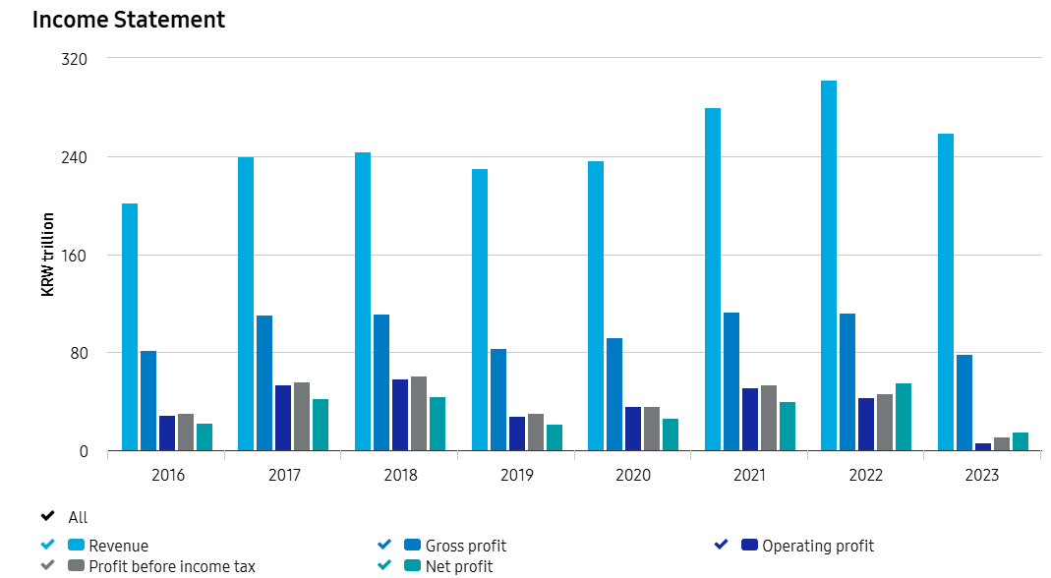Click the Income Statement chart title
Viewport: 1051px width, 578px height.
tap(129, 20)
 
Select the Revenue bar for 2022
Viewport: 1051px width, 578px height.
tap(829, 265)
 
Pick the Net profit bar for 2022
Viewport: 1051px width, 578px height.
tap(904, 417)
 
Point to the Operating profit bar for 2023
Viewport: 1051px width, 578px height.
tap(983, 447)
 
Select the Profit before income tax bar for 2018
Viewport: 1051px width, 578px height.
tap(419, 414)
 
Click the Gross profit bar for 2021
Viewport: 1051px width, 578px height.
tap(731, 381)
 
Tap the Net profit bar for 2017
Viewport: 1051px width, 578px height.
tap(321, 425)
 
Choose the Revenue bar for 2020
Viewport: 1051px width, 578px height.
tap(596, 306)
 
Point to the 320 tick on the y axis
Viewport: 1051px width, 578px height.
tap(75, 59)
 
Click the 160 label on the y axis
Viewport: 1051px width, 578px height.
tap(75, 256)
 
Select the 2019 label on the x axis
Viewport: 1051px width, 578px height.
tap(517, 476)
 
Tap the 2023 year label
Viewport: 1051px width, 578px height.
tap(982, 476)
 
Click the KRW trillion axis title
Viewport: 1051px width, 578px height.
tap(47, 255)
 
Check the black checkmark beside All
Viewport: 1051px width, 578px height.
tap(47, 517)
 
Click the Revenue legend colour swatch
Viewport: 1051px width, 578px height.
tap(76, 546)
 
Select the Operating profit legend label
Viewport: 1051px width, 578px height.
tap(818, 546)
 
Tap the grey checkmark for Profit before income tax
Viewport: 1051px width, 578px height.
tap(47, 566)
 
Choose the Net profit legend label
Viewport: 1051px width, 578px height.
tap(459, 566)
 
